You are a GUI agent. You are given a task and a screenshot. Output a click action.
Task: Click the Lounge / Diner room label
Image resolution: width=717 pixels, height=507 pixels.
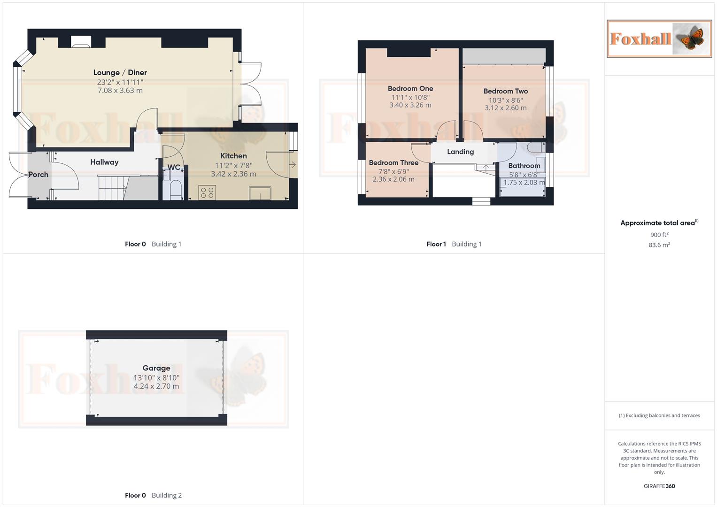pyautogui.click(x=120, y=72)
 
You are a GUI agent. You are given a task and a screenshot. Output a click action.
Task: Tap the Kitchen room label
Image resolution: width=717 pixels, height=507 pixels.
pyautogui.click(x=233, y=156)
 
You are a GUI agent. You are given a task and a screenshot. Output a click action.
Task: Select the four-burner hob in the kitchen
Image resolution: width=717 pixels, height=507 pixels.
pyautogui.click(x=207, y=192)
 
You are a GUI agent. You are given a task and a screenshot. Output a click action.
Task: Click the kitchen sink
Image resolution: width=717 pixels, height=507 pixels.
pyautogui.click(x=260, y=193)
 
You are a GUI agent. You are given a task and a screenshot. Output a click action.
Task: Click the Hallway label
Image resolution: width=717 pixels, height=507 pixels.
pyautogui.click(x=104, y=162)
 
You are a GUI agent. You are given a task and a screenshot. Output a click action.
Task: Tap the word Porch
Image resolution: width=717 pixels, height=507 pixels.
pyautogui.click(x=38, y=174)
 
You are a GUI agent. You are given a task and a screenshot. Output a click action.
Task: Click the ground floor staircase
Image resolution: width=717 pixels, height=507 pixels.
pyautogui.click(x=113, y=187)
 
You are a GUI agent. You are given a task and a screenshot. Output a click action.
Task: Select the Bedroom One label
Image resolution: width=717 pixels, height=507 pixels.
pyautogui.click(x=410, y=88)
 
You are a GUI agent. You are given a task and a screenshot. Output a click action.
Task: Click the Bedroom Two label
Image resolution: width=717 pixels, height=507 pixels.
pyautogui.click(x=506, y=91)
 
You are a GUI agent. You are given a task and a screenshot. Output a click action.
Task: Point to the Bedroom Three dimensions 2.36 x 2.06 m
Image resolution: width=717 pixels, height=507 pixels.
pyautogui.click(x=393, y=179)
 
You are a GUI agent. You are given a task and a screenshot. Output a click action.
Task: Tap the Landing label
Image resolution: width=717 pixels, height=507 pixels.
pyautogui.click(x=460, y=152)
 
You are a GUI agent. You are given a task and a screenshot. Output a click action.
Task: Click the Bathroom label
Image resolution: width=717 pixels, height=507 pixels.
pyautogui.click(x=524, y=166)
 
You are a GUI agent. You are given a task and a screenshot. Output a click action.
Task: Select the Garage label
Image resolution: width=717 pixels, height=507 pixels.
pyautogui.click(x=156, y=368)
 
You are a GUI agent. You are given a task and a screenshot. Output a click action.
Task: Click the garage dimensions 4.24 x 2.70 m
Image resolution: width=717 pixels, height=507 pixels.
pyautogui.click(x=156, y=386)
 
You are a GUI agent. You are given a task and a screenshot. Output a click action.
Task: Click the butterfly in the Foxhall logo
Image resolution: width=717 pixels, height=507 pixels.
pyautogui.click(x=690, y=38)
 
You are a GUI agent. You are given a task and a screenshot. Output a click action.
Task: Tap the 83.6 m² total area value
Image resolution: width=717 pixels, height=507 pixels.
pyautogui.click(x=659, y=245)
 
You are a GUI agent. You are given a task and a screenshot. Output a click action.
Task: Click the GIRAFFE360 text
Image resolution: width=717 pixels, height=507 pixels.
pyautogui.click(x=659, y=486)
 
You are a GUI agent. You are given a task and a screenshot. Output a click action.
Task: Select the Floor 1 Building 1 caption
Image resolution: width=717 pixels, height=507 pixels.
pyautogui.click(x=454, y=244)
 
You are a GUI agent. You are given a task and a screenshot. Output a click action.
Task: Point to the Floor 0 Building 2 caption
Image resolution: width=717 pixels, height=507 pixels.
pyautogui.click(x=153, y=495)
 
